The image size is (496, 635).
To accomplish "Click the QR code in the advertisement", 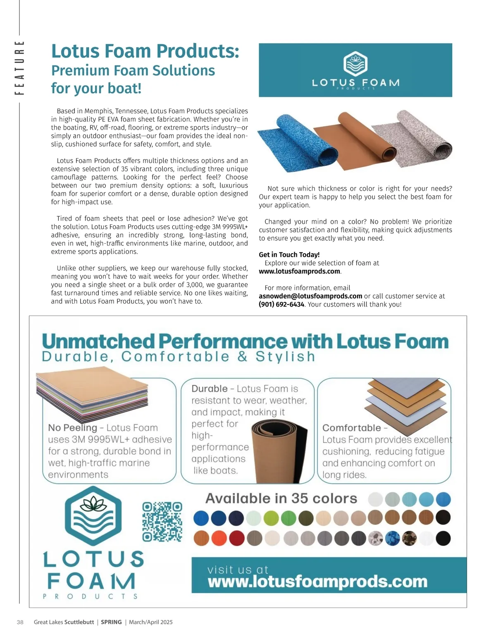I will pyautogui.click(x=162, y=522).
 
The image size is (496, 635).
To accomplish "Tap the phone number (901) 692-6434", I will pyautogui.click(x=281, y=304).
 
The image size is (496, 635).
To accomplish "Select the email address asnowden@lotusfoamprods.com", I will pyautogui.click(x=310, y=296).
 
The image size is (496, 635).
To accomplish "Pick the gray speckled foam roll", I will pyautogui.click(x=413, y=139).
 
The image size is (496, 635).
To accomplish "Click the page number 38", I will pyautogui.click(x=20, y=622).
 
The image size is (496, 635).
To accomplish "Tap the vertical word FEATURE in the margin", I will pyautogui.click(x=19, y=67).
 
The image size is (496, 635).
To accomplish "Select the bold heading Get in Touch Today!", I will pyautogui.click(x=289, y=255).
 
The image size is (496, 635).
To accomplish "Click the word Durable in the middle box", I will pyautogui.click(x=209, y=389).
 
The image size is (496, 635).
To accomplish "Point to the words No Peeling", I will pyautogui.click(x=72, y=428).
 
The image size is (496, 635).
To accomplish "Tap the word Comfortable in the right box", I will pyautogui.click(x=351, y=428).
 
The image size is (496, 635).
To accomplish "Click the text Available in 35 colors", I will pyautogui.click(x=281, y=498).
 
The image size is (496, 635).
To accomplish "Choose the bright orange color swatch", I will pyautogui.click(x=219, y=538).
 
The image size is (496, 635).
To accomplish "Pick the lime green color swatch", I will pyautogui.click(x=271, y=518).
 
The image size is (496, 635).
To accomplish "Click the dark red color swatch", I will pyautogui.click(x=237, y=538).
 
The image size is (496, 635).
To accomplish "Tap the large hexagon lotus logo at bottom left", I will pyautogui.click(x=93, y=515).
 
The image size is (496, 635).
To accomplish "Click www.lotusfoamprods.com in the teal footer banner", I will pyautogui.click(x=317, y=582).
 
